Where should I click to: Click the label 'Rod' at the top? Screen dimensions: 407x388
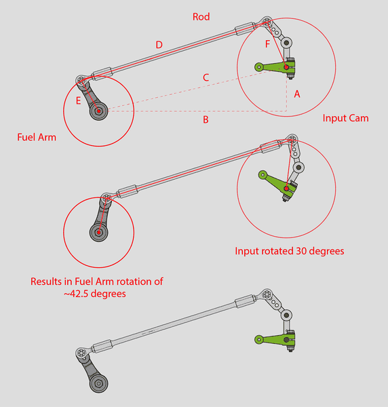[x=201, y=16]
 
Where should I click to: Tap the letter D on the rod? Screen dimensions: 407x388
[x=159, y=45]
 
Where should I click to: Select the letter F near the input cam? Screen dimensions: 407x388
[x=268, y=44]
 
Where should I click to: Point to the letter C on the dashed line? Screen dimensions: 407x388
[x=206, y=77]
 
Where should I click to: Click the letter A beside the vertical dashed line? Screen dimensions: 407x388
[x=296, y=95]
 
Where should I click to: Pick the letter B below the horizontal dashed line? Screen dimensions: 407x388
[x=205, y=120]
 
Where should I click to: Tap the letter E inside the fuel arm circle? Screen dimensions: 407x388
[x=79, y=100]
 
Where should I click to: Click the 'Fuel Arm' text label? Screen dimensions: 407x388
[x=36, y=137]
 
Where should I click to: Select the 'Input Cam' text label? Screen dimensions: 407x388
[x=345, y=118]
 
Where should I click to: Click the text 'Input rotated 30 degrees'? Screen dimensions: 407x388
[x=290, y=251]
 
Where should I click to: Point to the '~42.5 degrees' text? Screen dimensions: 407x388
[x=97, y=294]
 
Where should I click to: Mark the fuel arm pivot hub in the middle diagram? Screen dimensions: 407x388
[x=99, y=233]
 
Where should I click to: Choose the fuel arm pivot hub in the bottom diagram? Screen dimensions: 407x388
[x=99, y=385]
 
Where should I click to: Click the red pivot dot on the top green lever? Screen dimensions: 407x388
[x=286, y=66]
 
